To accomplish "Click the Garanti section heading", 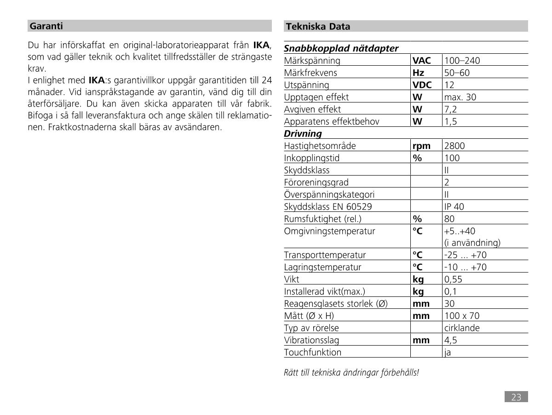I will point(46,26).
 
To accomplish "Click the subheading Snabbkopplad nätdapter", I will point(341,48).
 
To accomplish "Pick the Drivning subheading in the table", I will point(303,134).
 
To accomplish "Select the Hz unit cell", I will point(419,73).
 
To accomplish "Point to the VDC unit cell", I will point(422,85).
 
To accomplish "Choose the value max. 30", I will point(460,97).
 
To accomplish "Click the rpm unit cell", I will point(421,146).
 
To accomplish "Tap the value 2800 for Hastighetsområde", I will point(454,146).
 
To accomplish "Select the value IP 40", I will point(454,207).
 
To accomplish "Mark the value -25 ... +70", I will point(465,255).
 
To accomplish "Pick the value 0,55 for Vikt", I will point(453,279).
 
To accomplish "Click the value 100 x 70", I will point(462,316).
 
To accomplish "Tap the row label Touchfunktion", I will point(313,352).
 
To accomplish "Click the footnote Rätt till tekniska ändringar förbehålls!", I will point(351,373).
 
